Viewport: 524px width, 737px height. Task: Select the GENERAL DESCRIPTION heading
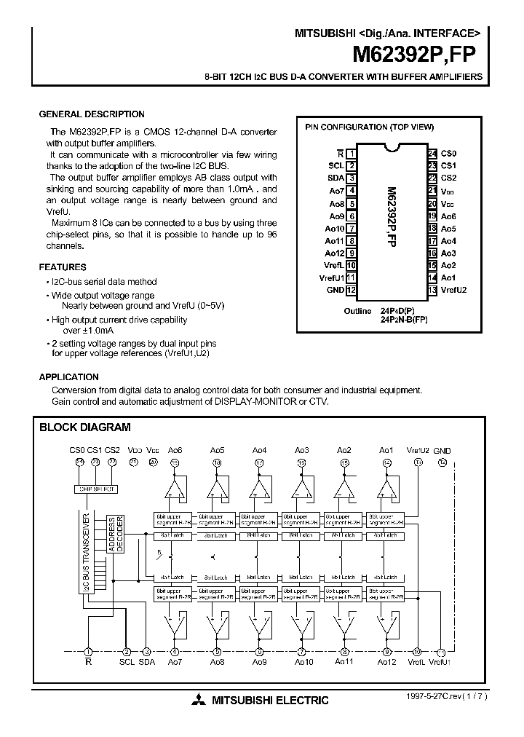tap(91, 114)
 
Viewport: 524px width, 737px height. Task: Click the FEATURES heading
tap(62, 267)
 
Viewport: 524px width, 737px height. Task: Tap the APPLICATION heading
tap(68, 377)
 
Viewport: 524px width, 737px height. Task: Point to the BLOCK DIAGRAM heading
tap(84, 427)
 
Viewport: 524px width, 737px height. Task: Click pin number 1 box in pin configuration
tap(351, 154)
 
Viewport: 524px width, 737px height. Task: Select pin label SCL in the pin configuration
tap(336, 165)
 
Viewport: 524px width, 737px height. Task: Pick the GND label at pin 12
tap(334, 290)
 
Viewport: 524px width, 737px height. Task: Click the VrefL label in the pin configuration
tap(333, 264)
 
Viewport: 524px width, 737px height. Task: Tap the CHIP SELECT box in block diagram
tap(96, 489)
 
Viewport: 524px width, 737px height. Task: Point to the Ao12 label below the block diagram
tap(386, 662)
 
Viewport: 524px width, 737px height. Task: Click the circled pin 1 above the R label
tap(89, 652)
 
